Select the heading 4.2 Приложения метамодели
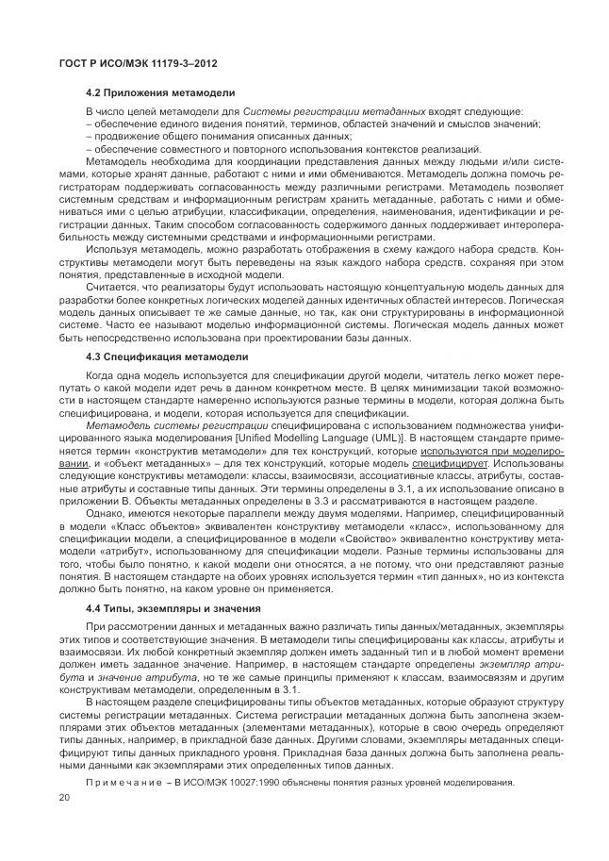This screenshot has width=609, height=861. click(160, 92)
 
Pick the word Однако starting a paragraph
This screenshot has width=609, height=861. click(103, 489)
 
